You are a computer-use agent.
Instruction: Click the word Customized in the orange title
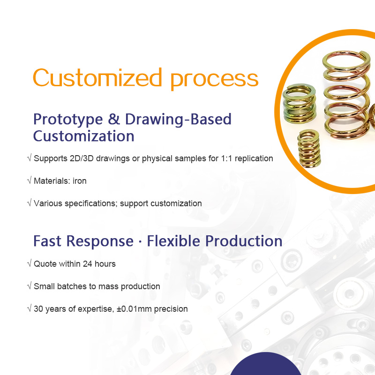point(97,77)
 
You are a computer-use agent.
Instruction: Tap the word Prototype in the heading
point(68,120)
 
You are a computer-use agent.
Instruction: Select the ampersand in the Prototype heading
point(114,119)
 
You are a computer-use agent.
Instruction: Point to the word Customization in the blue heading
point(83,136)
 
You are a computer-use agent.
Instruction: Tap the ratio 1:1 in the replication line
point(226,158)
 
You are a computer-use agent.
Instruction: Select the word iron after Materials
point(79,181)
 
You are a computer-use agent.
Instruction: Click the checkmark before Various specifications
point(30,203)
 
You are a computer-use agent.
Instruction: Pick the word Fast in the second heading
point(47,240)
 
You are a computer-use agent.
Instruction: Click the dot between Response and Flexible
point(140,241)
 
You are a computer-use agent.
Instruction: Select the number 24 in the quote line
point(88,264)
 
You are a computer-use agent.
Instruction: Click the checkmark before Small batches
point(30,286)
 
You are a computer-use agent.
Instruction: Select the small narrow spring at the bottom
point(309,148)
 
